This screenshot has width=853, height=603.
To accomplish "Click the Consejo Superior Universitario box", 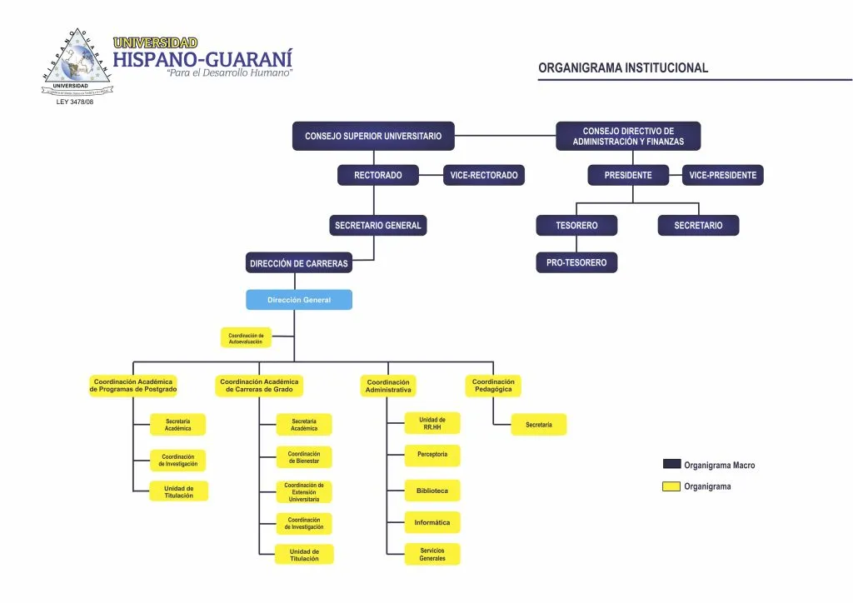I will pyautogui.click(x=373, y=136).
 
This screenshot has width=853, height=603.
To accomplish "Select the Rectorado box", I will pyautogui.click(x=377, y=176).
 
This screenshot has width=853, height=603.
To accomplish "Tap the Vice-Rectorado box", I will pyautogui.click(x=483, y=176).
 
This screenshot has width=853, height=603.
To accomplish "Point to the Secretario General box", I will pyautogui.click(x=378, y=226).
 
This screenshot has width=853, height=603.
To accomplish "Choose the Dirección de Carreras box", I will pyautogui.click(x=298, y=263).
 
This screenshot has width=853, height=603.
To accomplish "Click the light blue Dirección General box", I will pyautogui.click(x=298, y=300).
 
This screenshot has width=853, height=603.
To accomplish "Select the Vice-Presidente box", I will pyautogui.click(x=722, y=176).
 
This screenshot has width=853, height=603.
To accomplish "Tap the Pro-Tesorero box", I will pyautogui.click(x=576, y=263).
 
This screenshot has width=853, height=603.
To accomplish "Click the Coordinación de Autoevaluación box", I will pyautogui.click(x=246, y=338).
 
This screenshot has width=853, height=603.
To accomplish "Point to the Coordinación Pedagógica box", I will pyautogui.click(x=493, y=386).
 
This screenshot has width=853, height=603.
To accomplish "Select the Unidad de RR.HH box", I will pyautogui.click(x=431, y=424).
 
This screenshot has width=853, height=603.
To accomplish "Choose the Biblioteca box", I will pyautogui.click(x=431, y=491).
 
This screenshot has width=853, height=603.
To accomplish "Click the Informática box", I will pyautogui.click(x=431, y=523).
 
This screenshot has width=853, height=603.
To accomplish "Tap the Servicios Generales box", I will pyautogui.click(x=431, y=555).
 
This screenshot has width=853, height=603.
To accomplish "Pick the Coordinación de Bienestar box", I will pyautogui.click(x=304, y=457).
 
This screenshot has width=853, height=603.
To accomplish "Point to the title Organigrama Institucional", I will pyautogui.click(x=623, y=68).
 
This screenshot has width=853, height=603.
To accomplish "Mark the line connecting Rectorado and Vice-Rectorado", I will pyautogui.click(x=431, y=176).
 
